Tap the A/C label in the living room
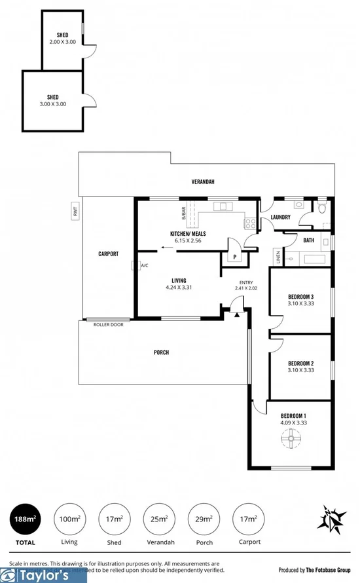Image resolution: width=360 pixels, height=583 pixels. point(144,265)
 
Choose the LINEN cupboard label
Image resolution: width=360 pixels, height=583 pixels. point(278,257)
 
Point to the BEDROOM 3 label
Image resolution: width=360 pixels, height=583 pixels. point(301,296)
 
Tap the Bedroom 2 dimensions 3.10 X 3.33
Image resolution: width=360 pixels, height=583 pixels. point(301,369)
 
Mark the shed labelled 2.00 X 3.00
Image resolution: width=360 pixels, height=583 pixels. point(63,41)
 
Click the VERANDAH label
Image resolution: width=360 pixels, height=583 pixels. point(203,181)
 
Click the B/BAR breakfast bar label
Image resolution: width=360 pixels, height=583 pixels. point(185,214)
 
